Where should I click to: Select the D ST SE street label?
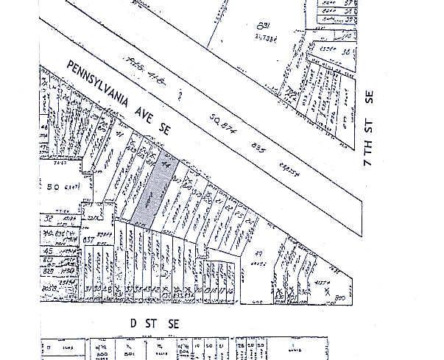click(x=150, y=323)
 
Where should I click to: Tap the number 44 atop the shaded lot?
click(x=166, y=165)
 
